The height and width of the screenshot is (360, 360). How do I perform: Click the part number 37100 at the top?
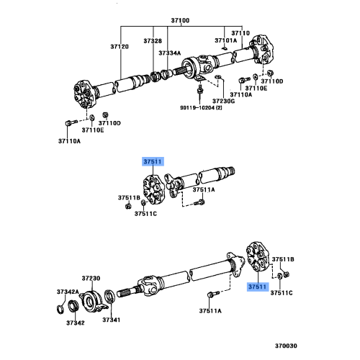click(x=179, y=22)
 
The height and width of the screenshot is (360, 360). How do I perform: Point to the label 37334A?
click(x=170, y=53)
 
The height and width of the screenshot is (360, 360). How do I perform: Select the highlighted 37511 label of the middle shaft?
click(x=153, y=163)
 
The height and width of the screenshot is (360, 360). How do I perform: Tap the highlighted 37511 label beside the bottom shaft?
click(x=258, y=287)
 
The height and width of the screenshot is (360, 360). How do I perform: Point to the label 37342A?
click(x=68, y=292)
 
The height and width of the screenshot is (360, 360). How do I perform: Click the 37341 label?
click(x=109, y=320)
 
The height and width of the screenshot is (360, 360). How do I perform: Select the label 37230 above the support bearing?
click(x=91, y=278)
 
